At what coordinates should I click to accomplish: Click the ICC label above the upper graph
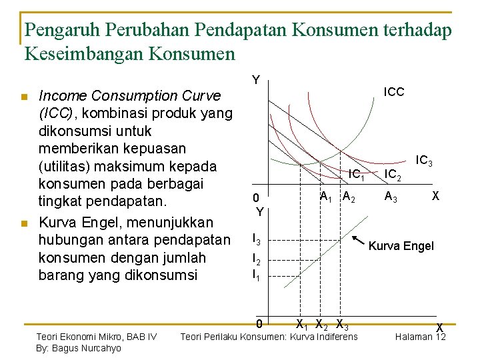393,92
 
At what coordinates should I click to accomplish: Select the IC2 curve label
394,175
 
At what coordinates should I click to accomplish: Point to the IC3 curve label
424,161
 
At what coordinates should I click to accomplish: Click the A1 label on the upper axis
327,197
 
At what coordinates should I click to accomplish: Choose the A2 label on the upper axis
349,197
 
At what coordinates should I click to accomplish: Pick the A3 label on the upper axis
391,197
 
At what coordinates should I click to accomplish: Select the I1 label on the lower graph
255,273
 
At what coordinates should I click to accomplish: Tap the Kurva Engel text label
401,246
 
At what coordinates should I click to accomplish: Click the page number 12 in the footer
439,337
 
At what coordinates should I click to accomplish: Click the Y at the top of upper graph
255,81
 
